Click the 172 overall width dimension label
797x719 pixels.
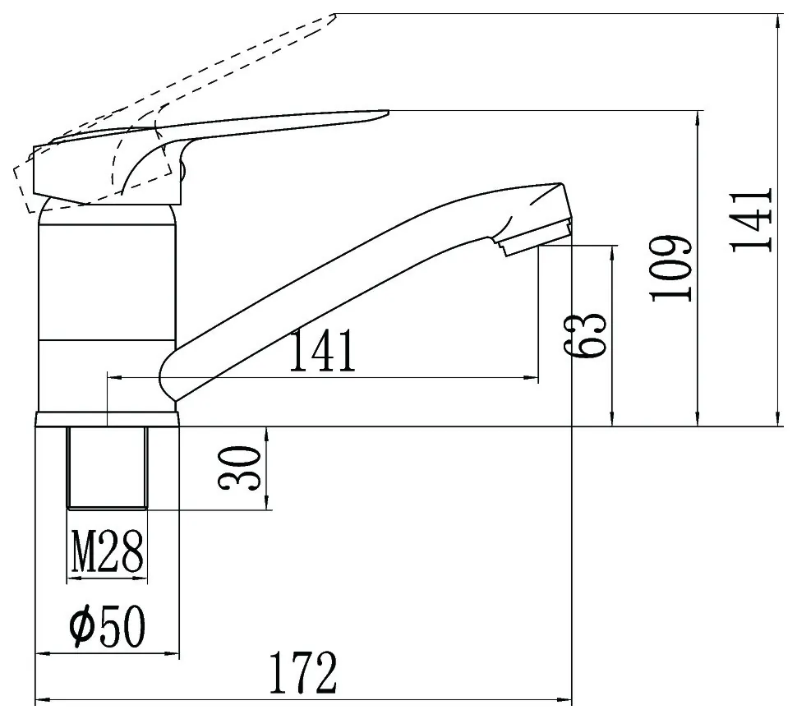pyautogui.click(x=303, y=673)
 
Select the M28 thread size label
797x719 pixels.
pyautogui.click(x=108, y=551)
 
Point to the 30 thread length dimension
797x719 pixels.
pyautogui.click(x=239, y=468)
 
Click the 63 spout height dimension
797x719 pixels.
pyautogui.click(x=585, y=335)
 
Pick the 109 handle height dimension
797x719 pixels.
pyautogui.click(x=671, y=269)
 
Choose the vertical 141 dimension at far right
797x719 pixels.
pyautogui.click(x=751, y=220)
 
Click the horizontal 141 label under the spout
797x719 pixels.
pyautogui.click(x=322, y=351)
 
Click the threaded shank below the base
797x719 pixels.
pyautogui.click(x=108, y=468)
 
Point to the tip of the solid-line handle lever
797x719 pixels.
pyautogui.click(x=389, y=112)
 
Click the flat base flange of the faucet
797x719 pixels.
pyautogui.click(x=108, y=419)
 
